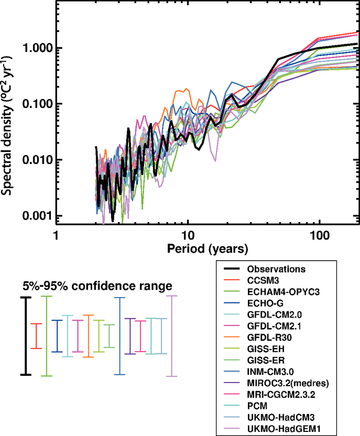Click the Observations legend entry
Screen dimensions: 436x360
276,269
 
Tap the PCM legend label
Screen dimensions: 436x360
257,405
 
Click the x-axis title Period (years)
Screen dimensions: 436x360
207,249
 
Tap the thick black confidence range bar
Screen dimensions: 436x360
24,336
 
